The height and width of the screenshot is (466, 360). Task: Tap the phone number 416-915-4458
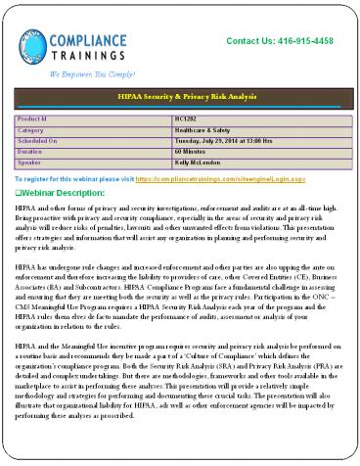click(x=299, y=40)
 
